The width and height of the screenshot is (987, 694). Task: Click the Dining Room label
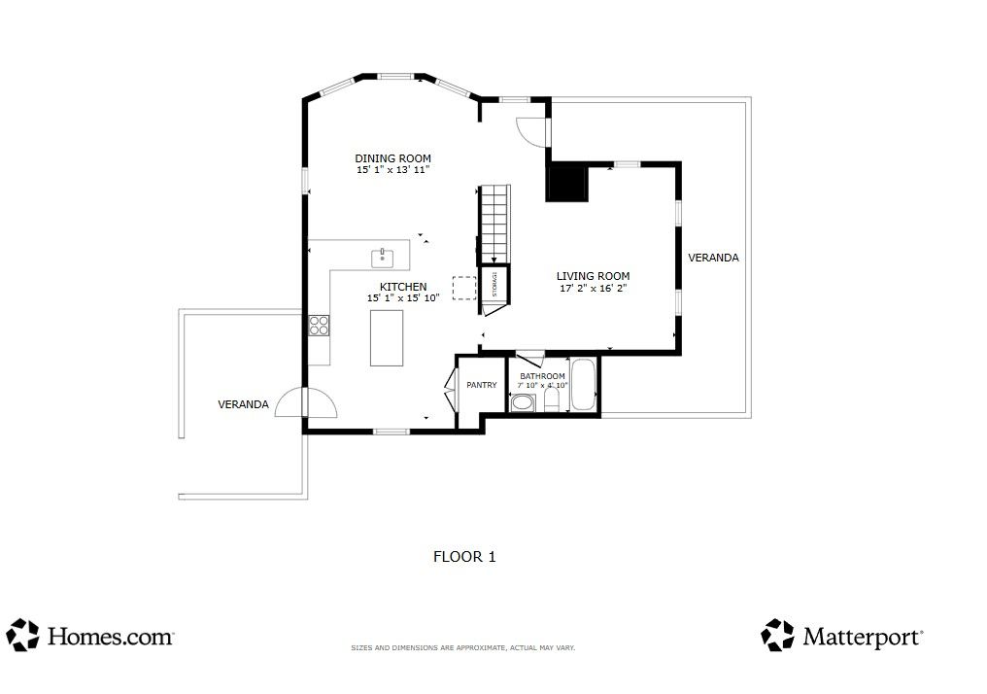point(392,158)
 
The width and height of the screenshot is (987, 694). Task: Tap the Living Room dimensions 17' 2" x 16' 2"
point(593,289)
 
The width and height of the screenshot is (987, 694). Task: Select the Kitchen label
point(403,287)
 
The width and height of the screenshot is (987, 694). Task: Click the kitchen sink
point(382,258)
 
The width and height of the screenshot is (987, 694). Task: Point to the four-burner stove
point(320,325)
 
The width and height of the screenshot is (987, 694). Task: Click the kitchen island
point(387,337)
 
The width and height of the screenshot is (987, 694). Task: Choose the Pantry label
point(482,385)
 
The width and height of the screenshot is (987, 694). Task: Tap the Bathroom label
point(542,376)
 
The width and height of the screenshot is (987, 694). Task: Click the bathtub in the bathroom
point(584,385)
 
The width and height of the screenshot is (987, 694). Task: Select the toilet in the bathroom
point(552,399)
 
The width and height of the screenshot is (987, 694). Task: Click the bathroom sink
point(522,402)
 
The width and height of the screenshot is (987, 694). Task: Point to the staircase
point(494,225)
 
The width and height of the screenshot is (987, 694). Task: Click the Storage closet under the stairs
point(494,284)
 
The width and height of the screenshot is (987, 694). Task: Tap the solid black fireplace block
point(567,183)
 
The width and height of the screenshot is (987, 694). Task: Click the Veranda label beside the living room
point(713,258)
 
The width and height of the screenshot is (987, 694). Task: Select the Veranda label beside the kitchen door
point(243,404)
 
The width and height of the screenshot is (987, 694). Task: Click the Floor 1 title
point(464,557)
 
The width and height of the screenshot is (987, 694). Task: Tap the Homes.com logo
point(90,635)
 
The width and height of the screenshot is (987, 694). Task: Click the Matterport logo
point(842,635)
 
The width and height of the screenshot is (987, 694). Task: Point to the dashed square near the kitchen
point(464,289)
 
